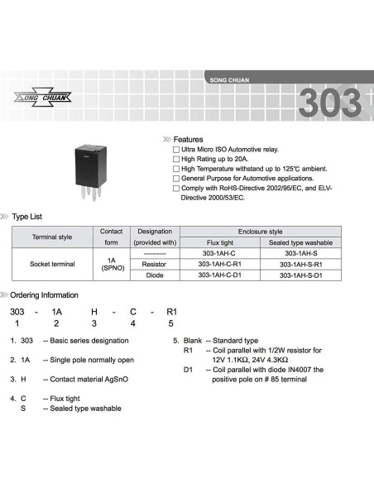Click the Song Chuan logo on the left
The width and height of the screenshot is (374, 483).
(44, 99)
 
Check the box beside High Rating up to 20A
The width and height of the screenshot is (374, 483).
(175, 158)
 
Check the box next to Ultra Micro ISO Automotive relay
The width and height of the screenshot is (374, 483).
(175, 149)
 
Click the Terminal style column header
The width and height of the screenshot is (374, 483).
(52, 237)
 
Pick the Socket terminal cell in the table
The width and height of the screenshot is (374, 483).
(52, 263)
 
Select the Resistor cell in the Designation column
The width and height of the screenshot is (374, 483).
(155, 263)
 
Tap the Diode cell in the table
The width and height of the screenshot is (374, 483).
(155, 275)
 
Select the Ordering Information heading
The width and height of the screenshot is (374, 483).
(45, 295)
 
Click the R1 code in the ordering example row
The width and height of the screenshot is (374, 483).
(172, 312)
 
